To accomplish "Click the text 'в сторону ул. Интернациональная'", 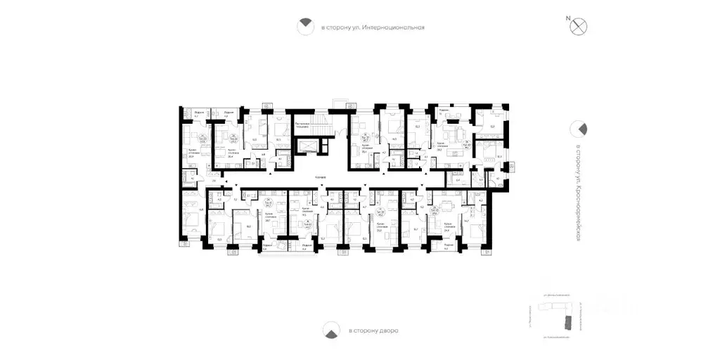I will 373,28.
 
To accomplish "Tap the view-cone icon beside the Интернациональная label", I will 305,27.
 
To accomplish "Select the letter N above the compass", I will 567,17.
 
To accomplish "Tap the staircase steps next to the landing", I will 307,147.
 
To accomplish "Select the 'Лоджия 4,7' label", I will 199,114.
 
